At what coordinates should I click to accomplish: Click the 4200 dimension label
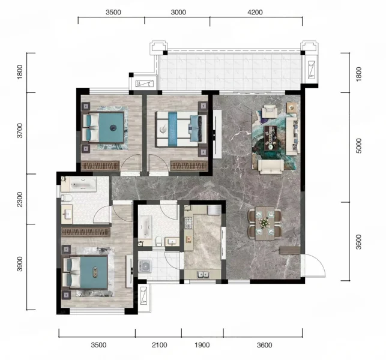pos(255,12)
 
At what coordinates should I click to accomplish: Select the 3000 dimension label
pos(178,12)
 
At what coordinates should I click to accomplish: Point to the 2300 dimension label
pos(20,200)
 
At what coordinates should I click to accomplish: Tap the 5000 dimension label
pos(359,146)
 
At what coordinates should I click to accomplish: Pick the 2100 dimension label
pos(159,345)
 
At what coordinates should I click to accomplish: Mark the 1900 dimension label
pos(202,345)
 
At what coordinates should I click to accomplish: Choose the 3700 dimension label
pos(20,131)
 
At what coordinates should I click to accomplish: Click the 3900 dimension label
pos(20,264)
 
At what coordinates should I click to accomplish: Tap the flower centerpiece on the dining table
pos(265,223)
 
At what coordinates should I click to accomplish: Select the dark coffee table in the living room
pos(271,138)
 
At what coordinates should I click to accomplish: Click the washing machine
pos(145,266)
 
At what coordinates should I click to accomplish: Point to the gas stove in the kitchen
pos(188,223)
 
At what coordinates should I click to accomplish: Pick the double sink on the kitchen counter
pos(204,274)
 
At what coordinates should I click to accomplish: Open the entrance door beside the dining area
pos(313,266)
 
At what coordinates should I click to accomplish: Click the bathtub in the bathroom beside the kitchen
pos(145,227)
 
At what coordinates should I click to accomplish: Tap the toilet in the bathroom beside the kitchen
pos(158,241)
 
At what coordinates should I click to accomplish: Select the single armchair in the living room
pos(270,111)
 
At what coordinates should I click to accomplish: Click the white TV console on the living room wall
pos(217,134)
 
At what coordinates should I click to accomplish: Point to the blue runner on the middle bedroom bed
pos(173,129)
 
